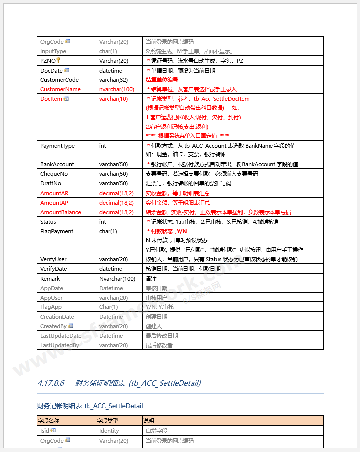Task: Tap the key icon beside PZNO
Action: pyautogui.click(x=58, y=60)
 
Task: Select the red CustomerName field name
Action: pyautogui.click(x=60, y=89)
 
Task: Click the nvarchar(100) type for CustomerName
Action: pyautogui.click(x=117, y=89)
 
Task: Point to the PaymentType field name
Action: pyautogui.click(x=57, y=146)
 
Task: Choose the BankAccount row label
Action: pyautogui.click(x=57, y=164)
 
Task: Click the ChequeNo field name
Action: pyautogui.click(x=54, y=174)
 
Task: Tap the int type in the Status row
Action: pyautogui.click(x=103, y=222)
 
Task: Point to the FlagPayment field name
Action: pyautogui.click(x=56, y=231)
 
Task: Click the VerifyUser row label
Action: pyautogui.click(x=53, y=259)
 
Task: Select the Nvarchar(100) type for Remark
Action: pyautogui.click(x=117, y=279)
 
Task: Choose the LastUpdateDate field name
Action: pyautogui.click(x=61, y=336)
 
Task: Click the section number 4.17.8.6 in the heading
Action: pyautogui.click(x=51, y=383)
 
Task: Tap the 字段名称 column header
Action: pyautogui.click(x=48, y=421)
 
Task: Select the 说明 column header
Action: pyautogui.click(x=149, y=421)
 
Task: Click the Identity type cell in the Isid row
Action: pyautogui.click(x=109, y=431)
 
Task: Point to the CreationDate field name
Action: pyautogui.click(x=57, y=317)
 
